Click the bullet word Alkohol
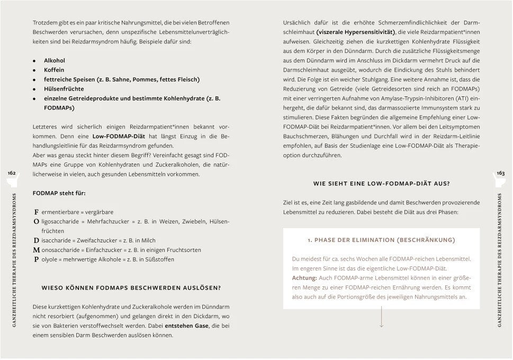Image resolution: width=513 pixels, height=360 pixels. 54,60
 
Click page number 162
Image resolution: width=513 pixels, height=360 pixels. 12,173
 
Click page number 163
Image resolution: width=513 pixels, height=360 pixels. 500,173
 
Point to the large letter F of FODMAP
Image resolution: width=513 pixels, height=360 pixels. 36,212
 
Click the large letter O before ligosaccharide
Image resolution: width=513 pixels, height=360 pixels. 36,221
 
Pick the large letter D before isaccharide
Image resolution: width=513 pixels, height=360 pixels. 36,240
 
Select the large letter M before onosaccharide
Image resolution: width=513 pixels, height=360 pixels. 37,250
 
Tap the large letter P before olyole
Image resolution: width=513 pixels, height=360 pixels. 36,259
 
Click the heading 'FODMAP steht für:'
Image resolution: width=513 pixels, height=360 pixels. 59,193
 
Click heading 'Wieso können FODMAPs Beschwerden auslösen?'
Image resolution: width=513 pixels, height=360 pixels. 131,289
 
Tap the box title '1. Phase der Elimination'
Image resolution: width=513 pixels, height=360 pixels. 381,240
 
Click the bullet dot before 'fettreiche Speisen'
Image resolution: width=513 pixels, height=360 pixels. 34,80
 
